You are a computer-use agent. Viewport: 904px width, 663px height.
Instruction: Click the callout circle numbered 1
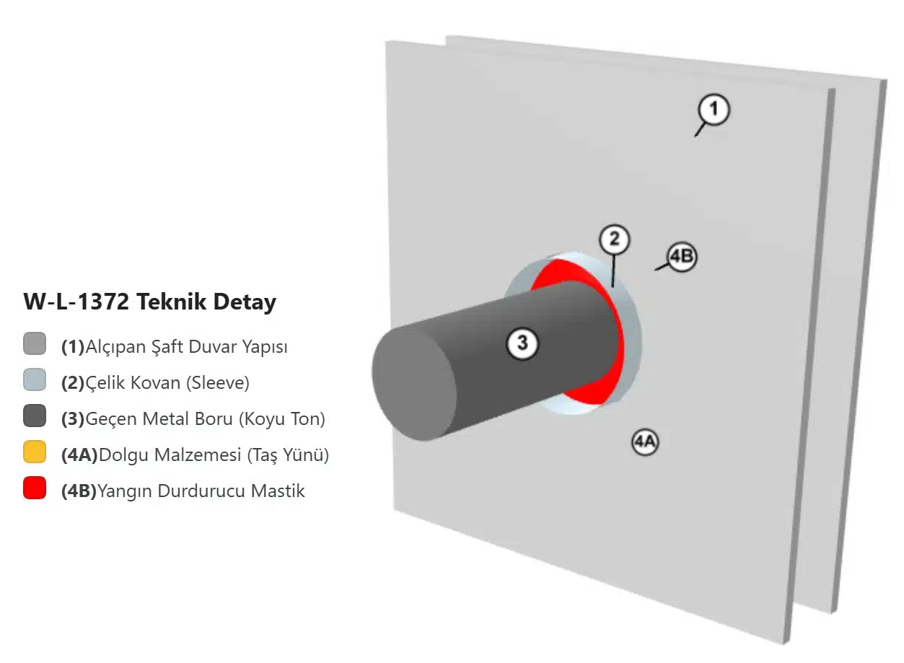coord(714,110)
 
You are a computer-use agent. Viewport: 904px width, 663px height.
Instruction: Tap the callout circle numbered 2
coord(614,240)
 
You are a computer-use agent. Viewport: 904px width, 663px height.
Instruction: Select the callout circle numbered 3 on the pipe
coord(522,343)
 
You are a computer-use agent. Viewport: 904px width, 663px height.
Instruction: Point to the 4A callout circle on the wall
coord(645,442)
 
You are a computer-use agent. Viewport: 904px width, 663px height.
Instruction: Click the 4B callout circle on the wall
coord(682,257)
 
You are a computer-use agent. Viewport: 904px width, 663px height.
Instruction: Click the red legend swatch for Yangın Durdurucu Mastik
coord(35,488)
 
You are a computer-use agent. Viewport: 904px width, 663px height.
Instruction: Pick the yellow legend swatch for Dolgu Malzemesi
coord(35,452)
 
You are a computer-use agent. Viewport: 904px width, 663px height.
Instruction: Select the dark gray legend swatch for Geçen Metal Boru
coord(35,416)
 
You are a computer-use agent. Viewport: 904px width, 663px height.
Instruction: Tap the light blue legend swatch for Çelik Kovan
coord(35,379)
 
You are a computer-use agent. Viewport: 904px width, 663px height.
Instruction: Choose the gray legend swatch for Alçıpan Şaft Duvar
coord(35,344)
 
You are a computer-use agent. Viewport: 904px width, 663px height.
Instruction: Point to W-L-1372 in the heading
coord(76,302)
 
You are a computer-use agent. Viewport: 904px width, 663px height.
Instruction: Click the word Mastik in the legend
coord(278,491)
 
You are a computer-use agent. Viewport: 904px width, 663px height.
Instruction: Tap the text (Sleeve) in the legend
coord(218,382)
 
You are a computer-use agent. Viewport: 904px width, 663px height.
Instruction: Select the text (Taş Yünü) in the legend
coord(288,455)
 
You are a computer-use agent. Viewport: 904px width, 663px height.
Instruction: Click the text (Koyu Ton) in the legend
coord(282,419)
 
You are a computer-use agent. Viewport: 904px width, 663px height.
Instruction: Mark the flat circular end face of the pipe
coord(414,383)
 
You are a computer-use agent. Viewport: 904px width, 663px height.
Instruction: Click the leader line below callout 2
coord(613,271)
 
